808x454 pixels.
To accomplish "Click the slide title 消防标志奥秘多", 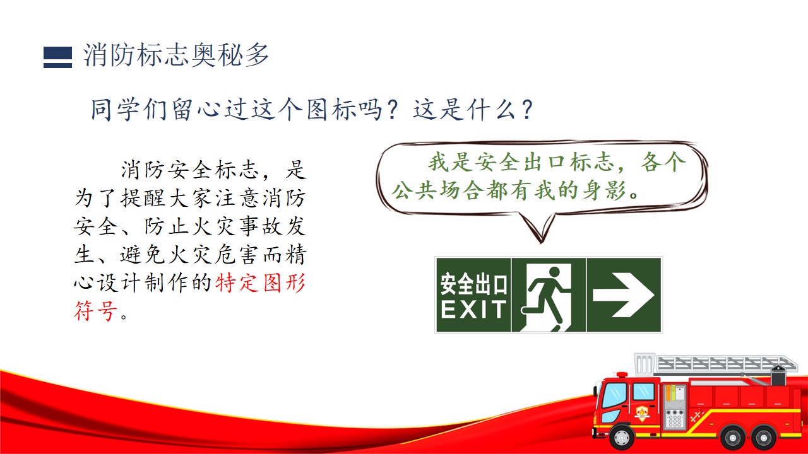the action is point(176,55).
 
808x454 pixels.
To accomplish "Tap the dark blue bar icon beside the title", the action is point(57,57).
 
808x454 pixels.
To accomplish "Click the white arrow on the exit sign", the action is point(624,295).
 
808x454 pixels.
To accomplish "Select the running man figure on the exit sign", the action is point(544,298).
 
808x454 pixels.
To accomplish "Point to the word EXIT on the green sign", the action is point(473,309).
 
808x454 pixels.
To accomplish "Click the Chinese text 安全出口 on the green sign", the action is point(473,284).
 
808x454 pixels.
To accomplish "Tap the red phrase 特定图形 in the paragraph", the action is point(261,282).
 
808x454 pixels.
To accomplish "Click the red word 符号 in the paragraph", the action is point(96,311).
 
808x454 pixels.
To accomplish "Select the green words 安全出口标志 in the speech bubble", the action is point(521,162).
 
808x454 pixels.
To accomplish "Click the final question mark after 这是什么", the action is point(527,110).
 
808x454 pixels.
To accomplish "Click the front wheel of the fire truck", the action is point(622,437).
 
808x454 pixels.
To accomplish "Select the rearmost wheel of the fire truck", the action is point(764,438).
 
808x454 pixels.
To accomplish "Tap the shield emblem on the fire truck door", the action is point(642,413).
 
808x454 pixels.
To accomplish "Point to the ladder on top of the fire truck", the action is point(726,364).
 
